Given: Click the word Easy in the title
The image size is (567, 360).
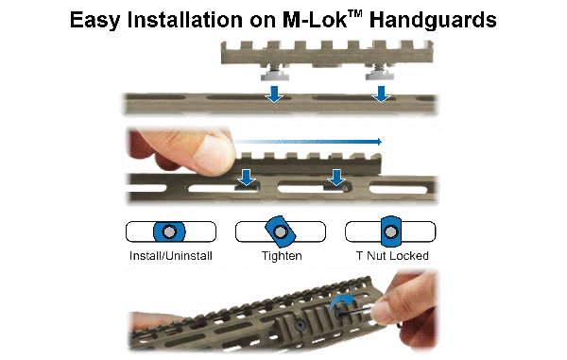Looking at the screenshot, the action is coord(94,20).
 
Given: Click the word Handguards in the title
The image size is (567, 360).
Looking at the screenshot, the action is coord(433,20).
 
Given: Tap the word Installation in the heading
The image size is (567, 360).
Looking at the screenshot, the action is coord(185,20).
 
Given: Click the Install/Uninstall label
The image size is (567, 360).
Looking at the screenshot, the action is coord(171,256).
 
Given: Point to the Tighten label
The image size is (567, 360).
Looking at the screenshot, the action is coord(282,256).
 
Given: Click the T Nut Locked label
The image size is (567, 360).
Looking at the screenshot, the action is coord(392,256).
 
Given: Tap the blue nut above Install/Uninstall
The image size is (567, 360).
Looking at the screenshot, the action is coord(169,231).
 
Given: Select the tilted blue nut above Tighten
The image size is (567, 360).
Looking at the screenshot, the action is coord(281,231).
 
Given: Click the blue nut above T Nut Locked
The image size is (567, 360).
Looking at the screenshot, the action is coord(391,231).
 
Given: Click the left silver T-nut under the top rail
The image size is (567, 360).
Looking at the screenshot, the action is coord(274,74).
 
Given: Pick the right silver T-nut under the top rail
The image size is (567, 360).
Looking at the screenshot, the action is coord(379,74).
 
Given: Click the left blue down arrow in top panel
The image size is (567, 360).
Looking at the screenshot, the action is coord(274,94).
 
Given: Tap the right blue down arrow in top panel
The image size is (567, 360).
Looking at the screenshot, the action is coord(381,94).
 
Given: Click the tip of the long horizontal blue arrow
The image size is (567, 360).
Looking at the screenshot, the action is coord(382,142).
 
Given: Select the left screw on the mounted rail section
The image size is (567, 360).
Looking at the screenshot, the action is coord(300,325).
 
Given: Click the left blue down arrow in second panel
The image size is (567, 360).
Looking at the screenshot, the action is coord(247,178).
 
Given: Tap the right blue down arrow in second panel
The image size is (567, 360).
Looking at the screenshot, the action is coord(336,178).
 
